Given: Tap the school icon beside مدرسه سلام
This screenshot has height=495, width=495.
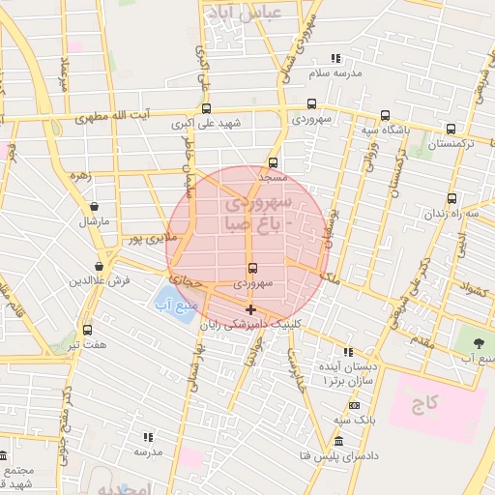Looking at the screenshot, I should tap(336, 59).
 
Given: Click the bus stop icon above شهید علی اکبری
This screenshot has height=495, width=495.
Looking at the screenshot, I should tap(205, 108).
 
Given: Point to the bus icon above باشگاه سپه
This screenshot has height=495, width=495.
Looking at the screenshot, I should tap(386, 114).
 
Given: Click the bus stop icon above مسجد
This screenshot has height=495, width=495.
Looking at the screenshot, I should tap(274, 162).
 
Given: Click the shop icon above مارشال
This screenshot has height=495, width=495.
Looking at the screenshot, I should tap(94, 206).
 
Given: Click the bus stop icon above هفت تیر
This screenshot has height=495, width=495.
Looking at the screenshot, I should tap(88, 330).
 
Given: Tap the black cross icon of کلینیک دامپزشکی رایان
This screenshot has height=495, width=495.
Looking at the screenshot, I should tap(251, 310).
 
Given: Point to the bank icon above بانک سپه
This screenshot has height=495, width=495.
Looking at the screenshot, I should tap(354, 405).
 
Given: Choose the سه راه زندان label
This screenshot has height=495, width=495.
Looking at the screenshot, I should tap(458, 213).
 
